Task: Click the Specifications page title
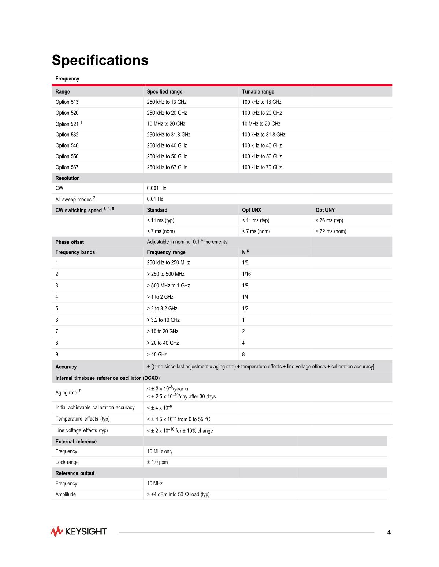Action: pyautogui.click(x=100, y=60)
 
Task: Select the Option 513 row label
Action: pyautogui.click(x=67, y=102)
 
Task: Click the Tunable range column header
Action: pyautogui.click(x=258, y=91)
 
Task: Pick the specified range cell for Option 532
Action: pyautogui.click(x=168, y=135)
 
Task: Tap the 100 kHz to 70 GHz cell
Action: pyautogui.click(x=262, y=167)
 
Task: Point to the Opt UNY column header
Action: pyautogui.click(x=325, y=210)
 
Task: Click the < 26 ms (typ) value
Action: pyautogui.click(x=329, y=220)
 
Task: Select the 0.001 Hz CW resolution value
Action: pyautogui.click(x=156, y=188)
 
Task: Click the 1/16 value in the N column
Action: pyautogui.click(x=246, y=274)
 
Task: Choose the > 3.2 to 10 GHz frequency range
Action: pyautogui.click(x=163, y=320)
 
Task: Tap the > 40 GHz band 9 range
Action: pyautogui.click(x=157, y=354)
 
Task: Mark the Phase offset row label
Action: pyautogui.click(x=70, y=242)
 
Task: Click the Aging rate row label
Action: pyautogui.click(x=67, y=393)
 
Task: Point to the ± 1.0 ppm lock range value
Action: pyautogui.click(x=157, y=462)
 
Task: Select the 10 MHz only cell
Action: pyautogui.click(x=160, y=451)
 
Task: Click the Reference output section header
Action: pyautogui.click(x=75, y=473)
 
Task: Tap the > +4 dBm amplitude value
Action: pyautogui.click(x=178, y=494)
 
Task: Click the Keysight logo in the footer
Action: pyautogui.click(x=79, y=532)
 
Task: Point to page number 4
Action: pyautogui.click(x=389, y=532)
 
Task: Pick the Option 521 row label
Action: pyautogui.click(x=67, y=124)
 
